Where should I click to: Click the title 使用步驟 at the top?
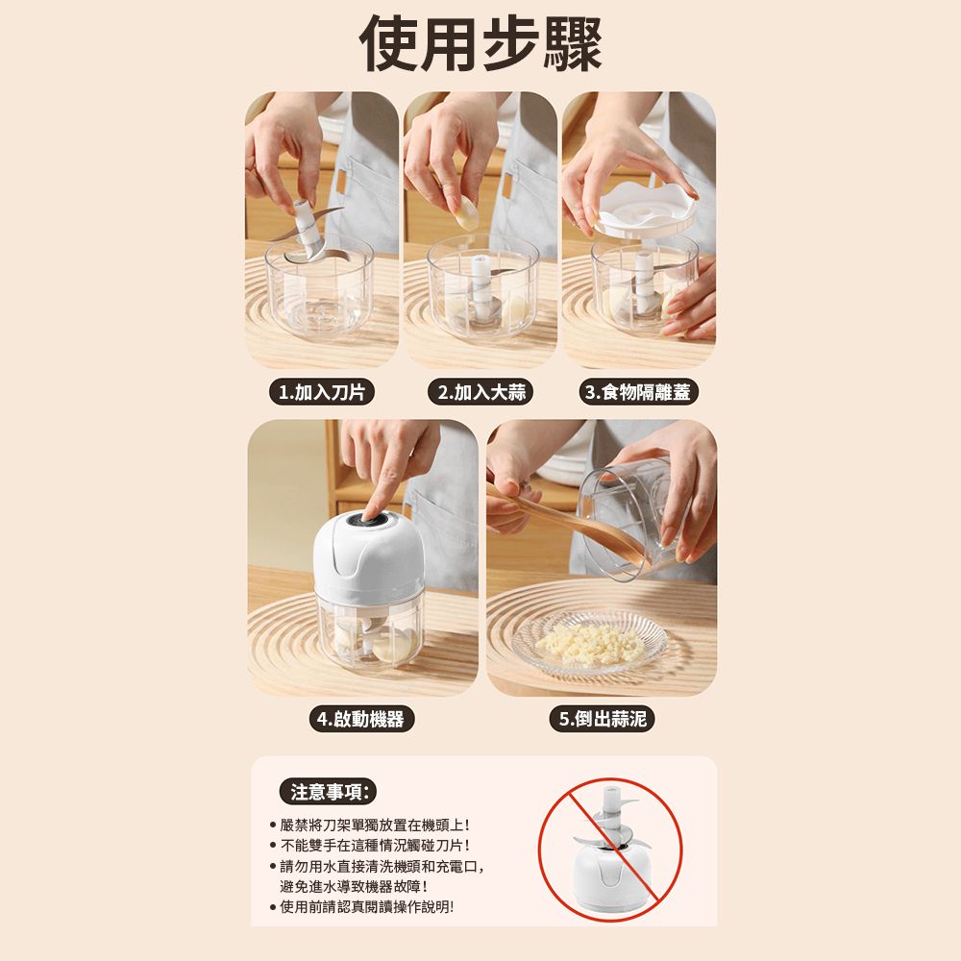point(480,44)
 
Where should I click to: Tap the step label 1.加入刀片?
point(322,392)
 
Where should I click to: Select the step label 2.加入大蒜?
point(481,392)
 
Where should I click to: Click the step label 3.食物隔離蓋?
point(639,392)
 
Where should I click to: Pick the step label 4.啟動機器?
point(361,719)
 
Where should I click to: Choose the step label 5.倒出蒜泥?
point(603,719)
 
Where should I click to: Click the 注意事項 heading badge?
point(328,792)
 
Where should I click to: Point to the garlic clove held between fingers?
point(466,215)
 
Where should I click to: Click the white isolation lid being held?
point(646,209)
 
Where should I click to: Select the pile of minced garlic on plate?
point(590,645)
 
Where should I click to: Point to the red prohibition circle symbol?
point(609,850)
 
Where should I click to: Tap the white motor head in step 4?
point(368,555)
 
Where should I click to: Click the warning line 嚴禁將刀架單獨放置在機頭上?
point(375,825)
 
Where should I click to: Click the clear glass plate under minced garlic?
point(590,645)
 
